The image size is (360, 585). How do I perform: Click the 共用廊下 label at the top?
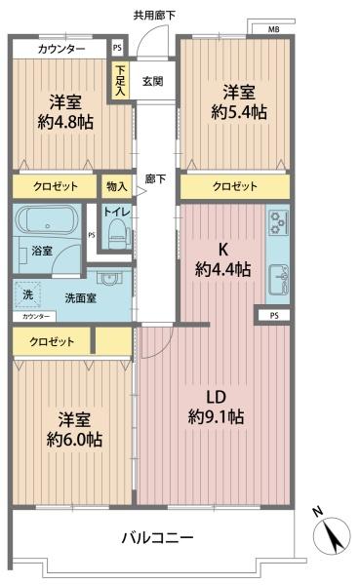[x=154, y=16]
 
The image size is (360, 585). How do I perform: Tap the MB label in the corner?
[x=274, y=29]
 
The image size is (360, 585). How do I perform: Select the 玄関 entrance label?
[x=153, y=81]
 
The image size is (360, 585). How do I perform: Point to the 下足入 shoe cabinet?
[x=120, y=80]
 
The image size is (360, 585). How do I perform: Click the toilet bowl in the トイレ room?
[x=117, y=234]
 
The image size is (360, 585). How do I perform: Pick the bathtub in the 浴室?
[x=47, y=221]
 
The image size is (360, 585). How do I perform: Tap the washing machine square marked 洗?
[x=27, y=294]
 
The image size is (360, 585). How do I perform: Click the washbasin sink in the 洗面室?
[x=109, y=278]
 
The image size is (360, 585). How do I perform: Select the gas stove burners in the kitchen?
[x=278, y=222]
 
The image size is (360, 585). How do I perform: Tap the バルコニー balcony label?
[x=158, y=537]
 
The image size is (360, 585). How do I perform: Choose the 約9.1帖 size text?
[x=217, y=416]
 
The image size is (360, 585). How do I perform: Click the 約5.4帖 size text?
[x=239, y=111]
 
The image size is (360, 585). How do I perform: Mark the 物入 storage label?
[x=116, y=186]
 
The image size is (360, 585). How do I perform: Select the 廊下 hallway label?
[x=155, y=179]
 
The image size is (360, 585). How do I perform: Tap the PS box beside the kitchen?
[x=274, y=316]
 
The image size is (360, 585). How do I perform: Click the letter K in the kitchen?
[x=223, y=250]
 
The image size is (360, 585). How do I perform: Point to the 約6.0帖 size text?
[x=74, y=440]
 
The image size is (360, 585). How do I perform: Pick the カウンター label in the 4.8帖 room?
[x=61, y=49]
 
